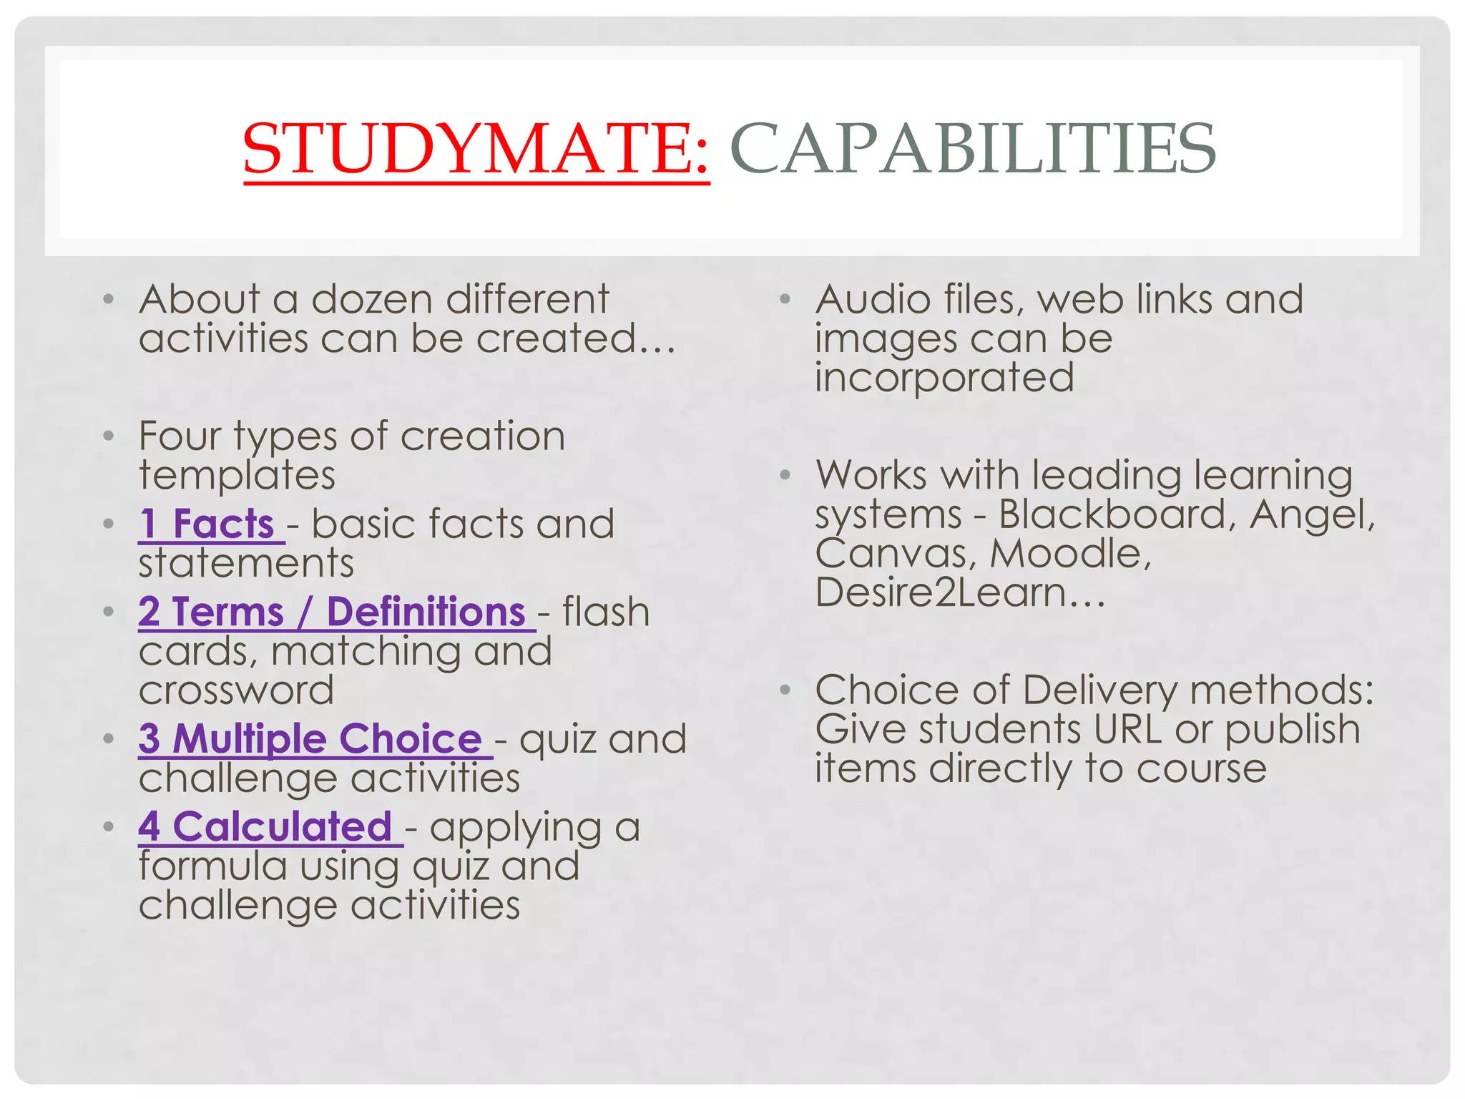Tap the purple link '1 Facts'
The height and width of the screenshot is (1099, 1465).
point(207,524)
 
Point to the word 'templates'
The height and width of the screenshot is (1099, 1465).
point(237,475)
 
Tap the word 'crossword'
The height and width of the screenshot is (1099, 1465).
point(236,690)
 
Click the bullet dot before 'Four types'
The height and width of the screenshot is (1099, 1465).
point(108,436)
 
